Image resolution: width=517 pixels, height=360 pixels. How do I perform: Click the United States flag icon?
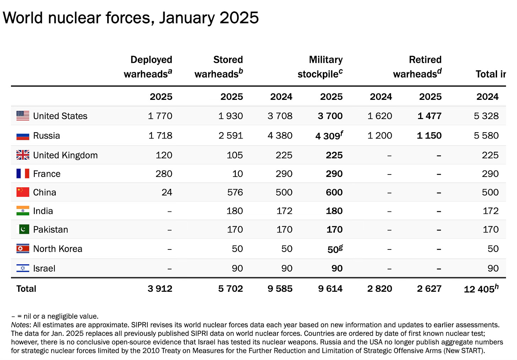(x=23, y=116)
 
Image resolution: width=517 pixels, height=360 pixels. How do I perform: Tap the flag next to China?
(x=23, y=192)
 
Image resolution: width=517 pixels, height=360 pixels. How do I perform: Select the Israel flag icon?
(x=23, y=268)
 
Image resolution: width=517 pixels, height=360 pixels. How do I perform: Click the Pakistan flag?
(x=24, y=230)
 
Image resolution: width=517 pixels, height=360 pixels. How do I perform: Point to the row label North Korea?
(x=58, y=249)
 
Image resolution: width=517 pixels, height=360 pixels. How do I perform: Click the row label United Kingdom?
(x=65, y=155)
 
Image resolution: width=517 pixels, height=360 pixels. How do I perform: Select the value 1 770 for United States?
(x=160, y=116)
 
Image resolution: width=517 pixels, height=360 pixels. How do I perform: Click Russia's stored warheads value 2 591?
(x=230, y=136)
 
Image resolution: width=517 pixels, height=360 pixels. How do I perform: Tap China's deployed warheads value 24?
(x=167, y=192)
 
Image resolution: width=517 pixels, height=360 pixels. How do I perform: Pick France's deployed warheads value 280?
(x=164, y=174)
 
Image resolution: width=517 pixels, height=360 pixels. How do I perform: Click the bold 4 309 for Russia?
(x=328, y=136)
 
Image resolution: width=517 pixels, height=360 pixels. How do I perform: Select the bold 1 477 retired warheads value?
(x=429, y=116)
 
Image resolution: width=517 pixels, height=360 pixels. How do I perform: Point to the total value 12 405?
(x=479, y=289)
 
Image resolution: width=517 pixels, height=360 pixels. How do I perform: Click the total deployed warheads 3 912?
(x=160, y=289)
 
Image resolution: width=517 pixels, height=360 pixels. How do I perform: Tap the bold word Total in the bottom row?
(x=26, y=289)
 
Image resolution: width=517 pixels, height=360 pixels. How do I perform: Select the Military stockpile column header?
(x=320, y=67)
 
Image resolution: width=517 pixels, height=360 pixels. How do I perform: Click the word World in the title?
(x=23, y=18)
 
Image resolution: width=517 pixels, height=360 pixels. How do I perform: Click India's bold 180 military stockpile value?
(x=334, y=211)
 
